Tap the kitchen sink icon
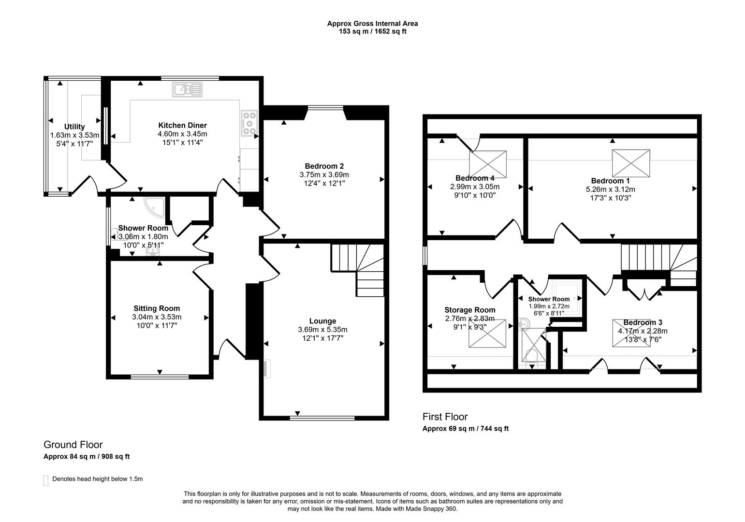(187, 89)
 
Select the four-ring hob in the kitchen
(249, 123)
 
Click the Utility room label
(74, 127)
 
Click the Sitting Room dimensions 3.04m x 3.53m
(157, 317)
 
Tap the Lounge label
(322, 321)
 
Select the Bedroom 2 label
(324, 166)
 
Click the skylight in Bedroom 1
(632, 163)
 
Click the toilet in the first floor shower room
(532, 357)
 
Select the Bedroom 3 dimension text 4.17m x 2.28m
(643, 331)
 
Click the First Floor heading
(445, 417)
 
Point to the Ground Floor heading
(73, 445)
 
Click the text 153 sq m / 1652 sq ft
(372, 31)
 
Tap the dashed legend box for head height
(46, 480)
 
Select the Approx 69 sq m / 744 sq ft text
(465, 429)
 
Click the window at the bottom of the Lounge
(322, 418)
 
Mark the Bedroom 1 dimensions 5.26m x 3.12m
(610, 189)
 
